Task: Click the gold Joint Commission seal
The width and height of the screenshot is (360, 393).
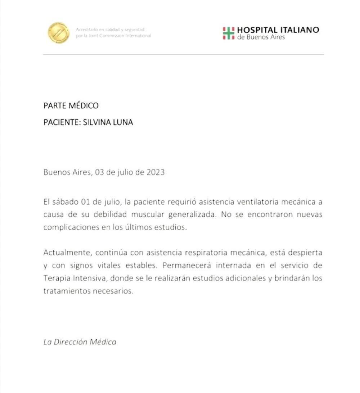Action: (58, 32)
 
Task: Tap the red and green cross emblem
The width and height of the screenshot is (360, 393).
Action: (228, 33)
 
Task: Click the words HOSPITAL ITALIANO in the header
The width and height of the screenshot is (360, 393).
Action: (278, 30)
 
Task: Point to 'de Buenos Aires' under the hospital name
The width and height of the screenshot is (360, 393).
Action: (261, 37)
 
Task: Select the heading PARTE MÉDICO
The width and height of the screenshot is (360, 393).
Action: (71, 106)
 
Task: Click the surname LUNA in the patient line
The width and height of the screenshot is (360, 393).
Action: (123, 122)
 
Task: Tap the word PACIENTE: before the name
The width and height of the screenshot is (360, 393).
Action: (62, 122)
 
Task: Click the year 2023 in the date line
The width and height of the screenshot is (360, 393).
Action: (156, 172)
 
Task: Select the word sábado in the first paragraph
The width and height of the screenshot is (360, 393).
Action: (64, 202)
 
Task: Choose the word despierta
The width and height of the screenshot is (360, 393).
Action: (306, 253)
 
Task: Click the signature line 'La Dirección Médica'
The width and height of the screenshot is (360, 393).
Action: (80, 342)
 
